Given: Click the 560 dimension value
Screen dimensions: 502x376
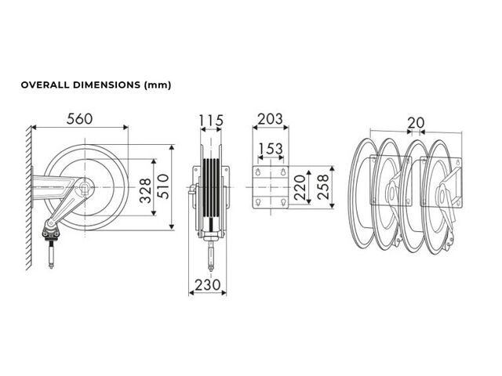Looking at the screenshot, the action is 79,119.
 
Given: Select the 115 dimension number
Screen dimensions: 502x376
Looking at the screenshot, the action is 211,121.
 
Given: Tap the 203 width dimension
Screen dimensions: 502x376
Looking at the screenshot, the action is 270,119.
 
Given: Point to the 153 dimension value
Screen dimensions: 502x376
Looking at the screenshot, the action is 271,149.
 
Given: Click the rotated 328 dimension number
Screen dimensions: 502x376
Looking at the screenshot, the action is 146,190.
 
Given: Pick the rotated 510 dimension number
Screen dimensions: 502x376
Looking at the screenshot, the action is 163,186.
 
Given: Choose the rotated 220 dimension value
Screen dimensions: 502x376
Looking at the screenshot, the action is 300,188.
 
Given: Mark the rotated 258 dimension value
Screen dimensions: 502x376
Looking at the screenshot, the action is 323,187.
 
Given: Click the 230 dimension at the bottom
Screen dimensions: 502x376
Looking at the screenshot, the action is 208,285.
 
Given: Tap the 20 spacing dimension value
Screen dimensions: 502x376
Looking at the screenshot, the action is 416,122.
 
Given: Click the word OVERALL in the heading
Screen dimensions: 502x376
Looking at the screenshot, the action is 45,85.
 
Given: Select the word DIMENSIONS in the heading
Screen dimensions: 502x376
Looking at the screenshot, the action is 107,85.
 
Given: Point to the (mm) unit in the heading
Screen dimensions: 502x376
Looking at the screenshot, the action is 158,85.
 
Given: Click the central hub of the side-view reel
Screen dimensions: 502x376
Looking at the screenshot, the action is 85,186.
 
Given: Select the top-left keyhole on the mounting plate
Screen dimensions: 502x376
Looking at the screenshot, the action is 258,172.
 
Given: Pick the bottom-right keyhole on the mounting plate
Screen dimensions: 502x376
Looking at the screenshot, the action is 283,202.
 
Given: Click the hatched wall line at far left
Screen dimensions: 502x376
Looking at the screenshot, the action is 29,197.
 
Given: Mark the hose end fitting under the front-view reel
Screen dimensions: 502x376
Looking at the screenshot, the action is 211,256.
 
